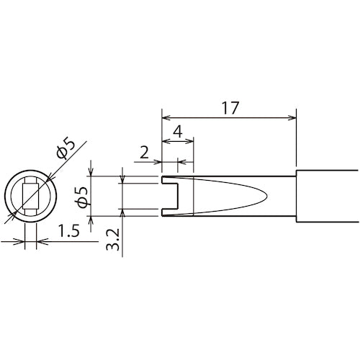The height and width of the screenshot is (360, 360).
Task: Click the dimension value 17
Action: click(x=230, y=107)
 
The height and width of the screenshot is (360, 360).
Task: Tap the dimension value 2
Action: click(x=143, y=152)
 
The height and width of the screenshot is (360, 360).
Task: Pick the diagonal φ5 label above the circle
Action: click(x=63, y=148)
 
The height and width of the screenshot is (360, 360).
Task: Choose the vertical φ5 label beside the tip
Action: click(x=81, y=196)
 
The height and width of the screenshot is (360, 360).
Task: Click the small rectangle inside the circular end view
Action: click(x=30, y=195)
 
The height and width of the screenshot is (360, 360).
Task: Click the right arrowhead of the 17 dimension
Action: click(x=292, y=117)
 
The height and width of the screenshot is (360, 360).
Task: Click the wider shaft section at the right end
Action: click(x=328, y=195)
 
